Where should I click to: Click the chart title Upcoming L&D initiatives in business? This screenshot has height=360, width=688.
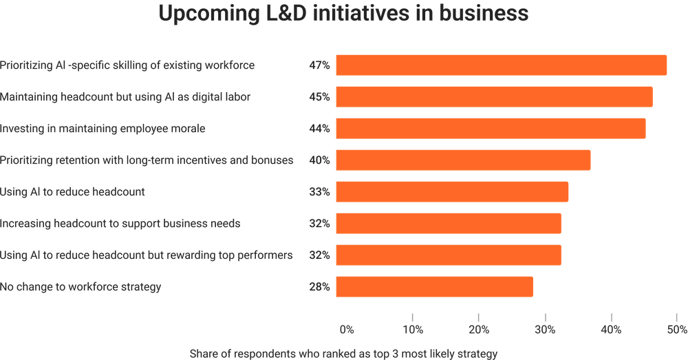[344, 14]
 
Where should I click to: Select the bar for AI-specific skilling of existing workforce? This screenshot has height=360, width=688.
[500, 65]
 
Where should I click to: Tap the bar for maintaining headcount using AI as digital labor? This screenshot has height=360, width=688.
[493, 97]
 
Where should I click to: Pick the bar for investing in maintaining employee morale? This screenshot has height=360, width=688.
[490, 129]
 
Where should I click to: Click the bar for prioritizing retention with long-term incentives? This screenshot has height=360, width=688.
[462, 160]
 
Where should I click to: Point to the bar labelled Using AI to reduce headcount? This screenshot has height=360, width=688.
[451, 192]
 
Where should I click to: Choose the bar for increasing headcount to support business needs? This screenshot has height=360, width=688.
[448, 224]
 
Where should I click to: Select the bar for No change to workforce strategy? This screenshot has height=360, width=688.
[433, 287]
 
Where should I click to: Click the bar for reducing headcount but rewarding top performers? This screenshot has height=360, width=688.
[448, 255]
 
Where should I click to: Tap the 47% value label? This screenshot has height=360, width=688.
[319, 65]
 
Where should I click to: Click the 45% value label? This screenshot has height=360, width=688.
[319, 97]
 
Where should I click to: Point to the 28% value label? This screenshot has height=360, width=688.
[319, 287]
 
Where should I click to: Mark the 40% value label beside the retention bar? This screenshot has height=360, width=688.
[319, 160]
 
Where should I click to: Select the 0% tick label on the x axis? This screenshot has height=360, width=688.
[347, 330]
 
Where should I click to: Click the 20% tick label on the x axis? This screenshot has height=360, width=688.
[479, 330]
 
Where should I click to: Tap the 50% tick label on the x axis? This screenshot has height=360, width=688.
[676, 330]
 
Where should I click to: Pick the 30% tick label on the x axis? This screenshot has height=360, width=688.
[545, 330]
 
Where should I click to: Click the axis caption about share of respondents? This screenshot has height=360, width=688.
[343, 354]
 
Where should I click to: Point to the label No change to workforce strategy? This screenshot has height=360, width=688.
[81, 287]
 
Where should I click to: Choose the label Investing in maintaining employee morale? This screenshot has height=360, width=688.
[103, 129]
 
